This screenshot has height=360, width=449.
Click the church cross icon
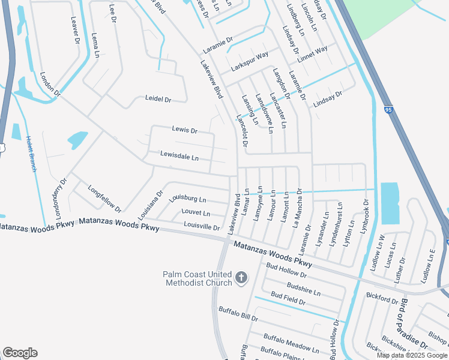(241, 278)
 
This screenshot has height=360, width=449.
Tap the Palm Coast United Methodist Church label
(197, 278)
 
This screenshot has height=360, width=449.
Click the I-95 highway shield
(388, 109)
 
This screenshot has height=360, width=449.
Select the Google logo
(20, 353)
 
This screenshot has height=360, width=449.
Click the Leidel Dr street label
(158, 98)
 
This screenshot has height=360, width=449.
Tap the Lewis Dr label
(184, 129)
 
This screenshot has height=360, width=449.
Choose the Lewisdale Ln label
(179, 156)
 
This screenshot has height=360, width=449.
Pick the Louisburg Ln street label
(187, 198)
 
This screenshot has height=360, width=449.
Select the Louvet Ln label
(196, 213)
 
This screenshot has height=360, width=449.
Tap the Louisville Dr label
(202, 226)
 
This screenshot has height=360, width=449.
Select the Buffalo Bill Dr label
(238, 313)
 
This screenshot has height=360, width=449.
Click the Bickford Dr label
(382, 298)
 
